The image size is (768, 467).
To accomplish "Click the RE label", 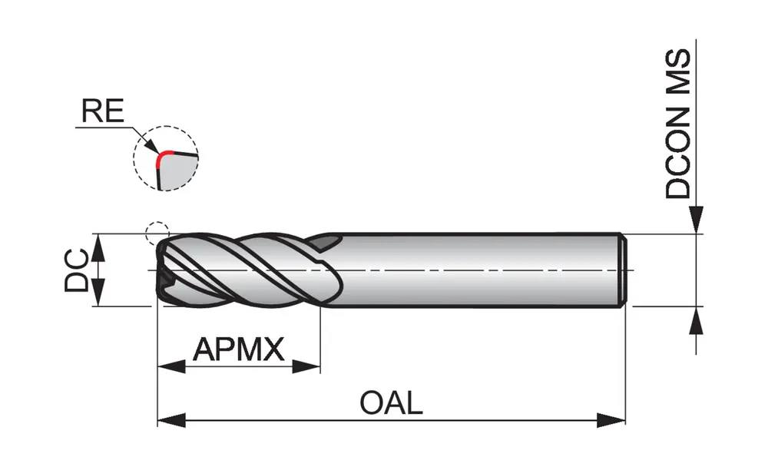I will click(102, 111).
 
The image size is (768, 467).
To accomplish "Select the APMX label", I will click(238, 349).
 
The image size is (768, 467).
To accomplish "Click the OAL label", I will click(391, 402).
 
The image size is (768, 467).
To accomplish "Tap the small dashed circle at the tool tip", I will click(156, 232).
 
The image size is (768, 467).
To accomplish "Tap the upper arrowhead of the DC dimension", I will click(98, 247).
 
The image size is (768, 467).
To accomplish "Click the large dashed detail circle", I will click(165, 157).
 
